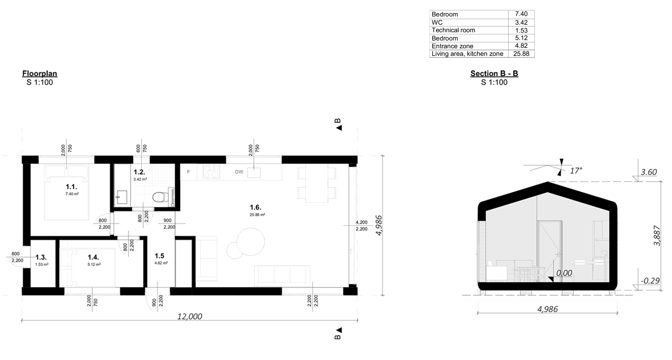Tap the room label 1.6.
coord(255,207)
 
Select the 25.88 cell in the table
coord(521,54)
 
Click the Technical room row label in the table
coord(453,30)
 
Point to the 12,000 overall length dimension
coord(190,316)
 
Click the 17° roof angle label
coord(576,171)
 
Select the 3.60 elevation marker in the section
coord(648,172)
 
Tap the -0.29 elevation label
coord(650,281)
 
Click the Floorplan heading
coord(40,74)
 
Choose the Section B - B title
coord(494,74)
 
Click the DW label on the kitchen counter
coord(239,172)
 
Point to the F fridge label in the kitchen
coord(188,172)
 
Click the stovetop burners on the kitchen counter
coord(211,172)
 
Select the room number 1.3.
coord(41,257)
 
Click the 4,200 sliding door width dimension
coord(361,222)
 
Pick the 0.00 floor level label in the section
coord(564,273)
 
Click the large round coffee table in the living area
coord(250,241)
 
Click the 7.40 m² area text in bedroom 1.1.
coord(72,194)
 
